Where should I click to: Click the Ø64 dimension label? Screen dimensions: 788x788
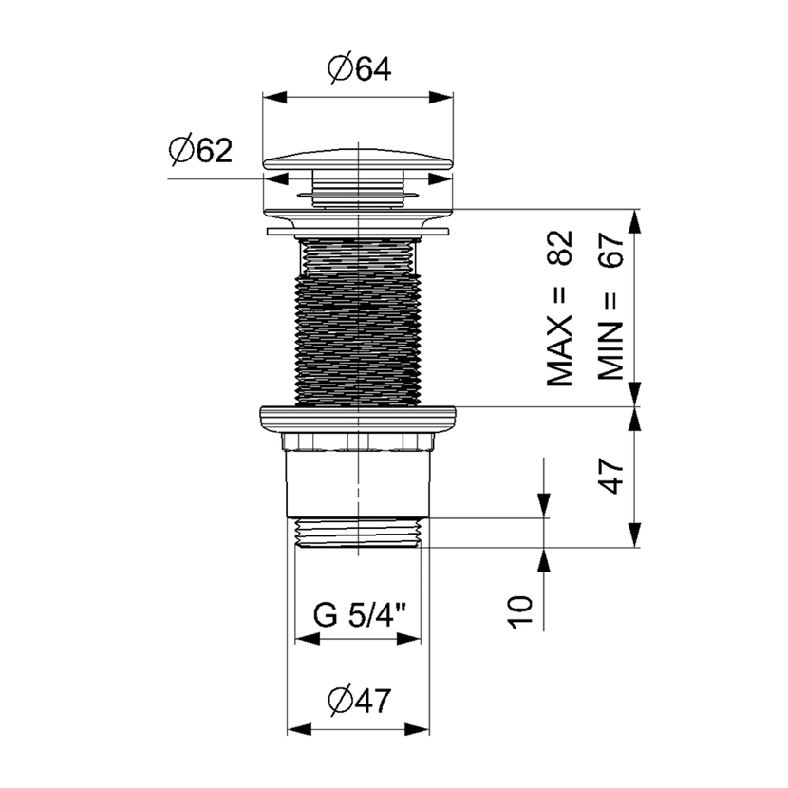click(359, 69)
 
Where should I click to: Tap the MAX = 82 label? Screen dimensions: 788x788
click(559, 308)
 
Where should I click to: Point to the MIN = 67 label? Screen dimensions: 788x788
click(610, 307)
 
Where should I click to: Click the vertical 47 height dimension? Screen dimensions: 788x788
click(611, 476)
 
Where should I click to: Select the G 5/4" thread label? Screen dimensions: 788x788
click(359, 614)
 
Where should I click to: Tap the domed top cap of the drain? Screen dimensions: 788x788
click(358, 159)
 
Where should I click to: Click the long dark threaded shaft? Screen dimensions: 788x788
click(358, 322)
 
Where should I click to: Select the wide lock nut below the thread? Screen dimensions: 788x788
click(358, 418)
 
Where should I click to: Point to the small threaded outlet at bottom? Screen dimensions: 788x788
click(358, 533)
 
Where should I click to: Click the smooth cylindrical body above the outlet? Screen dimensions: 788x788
click(358, 483)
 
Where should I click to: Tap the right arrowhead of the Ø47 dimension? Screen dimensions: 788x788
click(417, 729)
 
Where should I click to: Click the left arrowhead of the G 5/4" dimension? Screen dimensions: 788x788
click(308, 639)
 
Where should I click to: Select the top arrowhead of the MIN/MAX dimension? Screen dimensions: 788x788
click(636, 221)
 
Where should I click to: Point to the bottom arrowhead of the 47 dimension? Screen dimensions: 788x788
click(636, 535)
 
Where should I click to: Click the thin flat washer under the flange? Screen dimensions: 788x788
click(358, 231)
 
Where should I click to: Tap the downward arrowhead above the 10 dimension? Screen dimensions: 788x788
click(543, 505)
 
